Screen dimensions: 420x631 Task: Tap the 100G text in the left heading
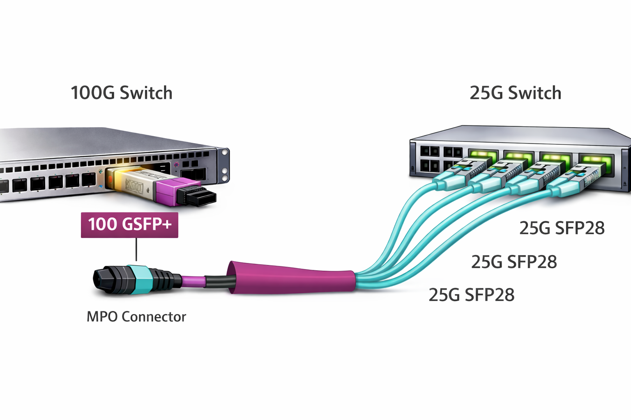coord(93,93)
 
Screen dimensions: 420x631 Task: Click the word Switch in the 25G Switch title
coord(535,93)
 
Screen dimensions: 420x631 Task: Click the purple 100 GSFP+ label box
coord(129,225)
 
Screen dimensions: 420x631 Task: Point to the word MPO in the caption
coord(102,317)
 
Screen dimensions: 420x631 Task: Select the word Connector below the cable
coord(154,317)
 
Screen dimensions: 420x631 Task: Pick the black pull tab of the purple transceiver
coord(199,196)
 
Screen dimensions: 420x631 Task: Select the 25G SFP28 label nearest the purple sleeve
coord(471,295)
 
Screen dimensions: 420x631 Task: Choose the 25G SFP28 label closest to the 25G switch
coord(562,228)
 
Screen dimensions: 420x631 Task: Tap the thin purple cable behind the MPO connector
coord(193,281)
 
